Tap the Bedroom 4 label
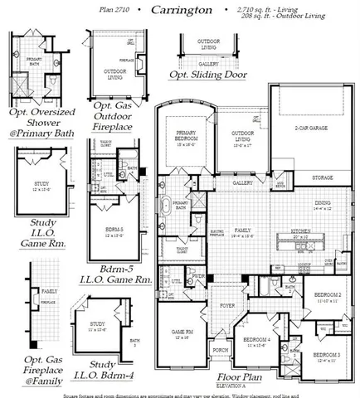click(257, 340)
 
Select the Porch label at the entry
click(220, 349)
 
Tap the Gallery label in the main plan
click(242, 182)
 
